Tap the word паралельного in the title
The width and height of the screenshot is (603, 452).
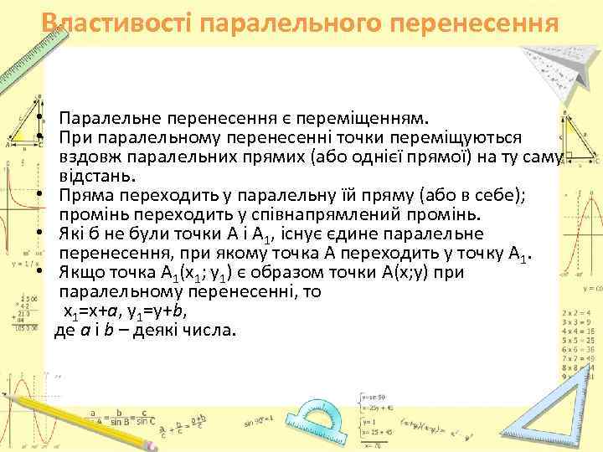pyautogui.click(x=293, y=23)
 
